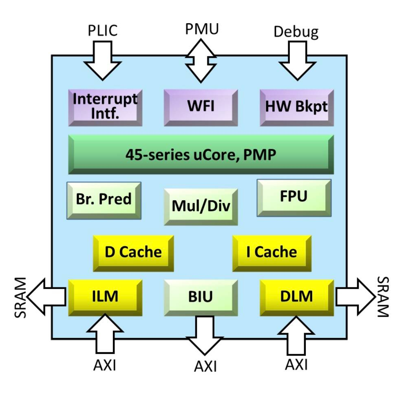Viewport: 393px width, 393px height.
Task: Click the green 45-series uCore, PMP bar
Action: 201,155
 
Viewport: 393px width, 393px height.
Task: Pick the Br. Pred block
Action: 104,200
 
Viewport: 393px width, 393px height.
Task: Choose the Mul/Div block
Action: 201,206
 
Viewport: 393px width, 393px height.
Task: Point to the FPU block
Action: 294,197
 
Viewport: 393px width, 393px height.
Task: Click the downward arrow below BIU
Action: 201,336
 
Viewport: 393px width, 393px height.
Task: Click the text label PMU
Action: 201,29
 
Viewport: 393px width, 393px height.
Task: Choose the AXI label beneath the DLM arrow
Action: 296,364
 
